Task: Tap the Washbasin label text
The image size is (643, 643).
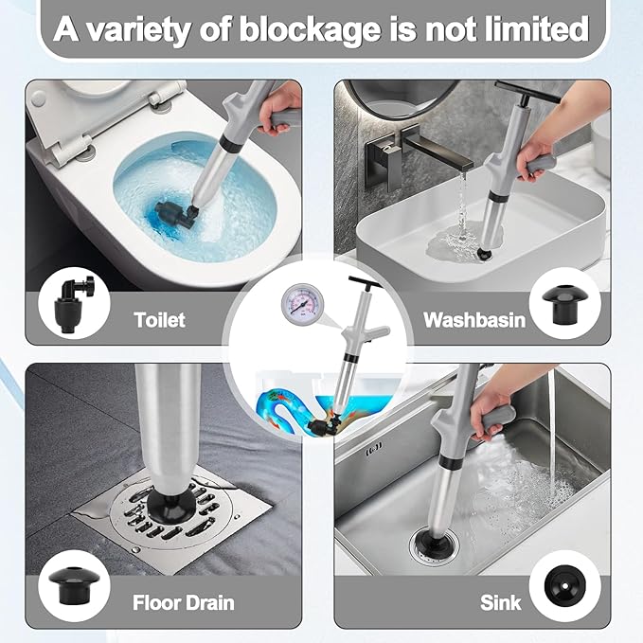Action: [473, 319]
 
